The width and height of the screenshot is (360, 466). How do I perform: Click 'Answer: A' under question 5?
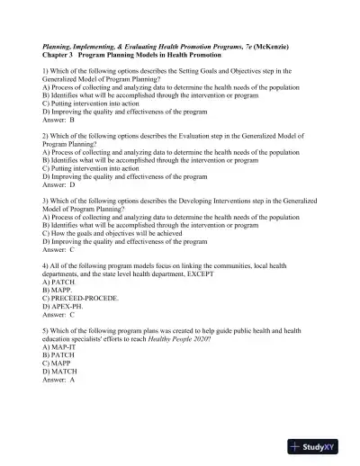[58, 381]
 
